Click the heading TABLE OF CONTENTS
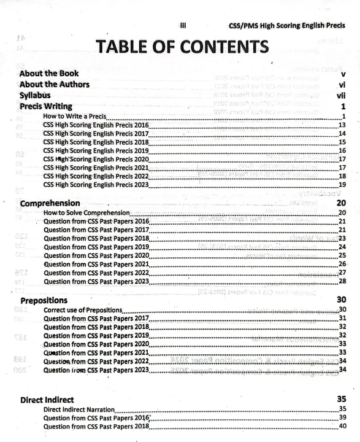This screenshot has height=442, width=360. [x=180, y=48]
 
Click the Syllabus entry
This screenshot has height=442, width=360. [x=35, y=96]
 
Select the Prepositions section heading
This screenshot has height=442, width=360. [x=44, y=301]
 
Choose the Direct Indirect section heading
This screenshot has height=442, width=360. [x=47, y=399]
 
